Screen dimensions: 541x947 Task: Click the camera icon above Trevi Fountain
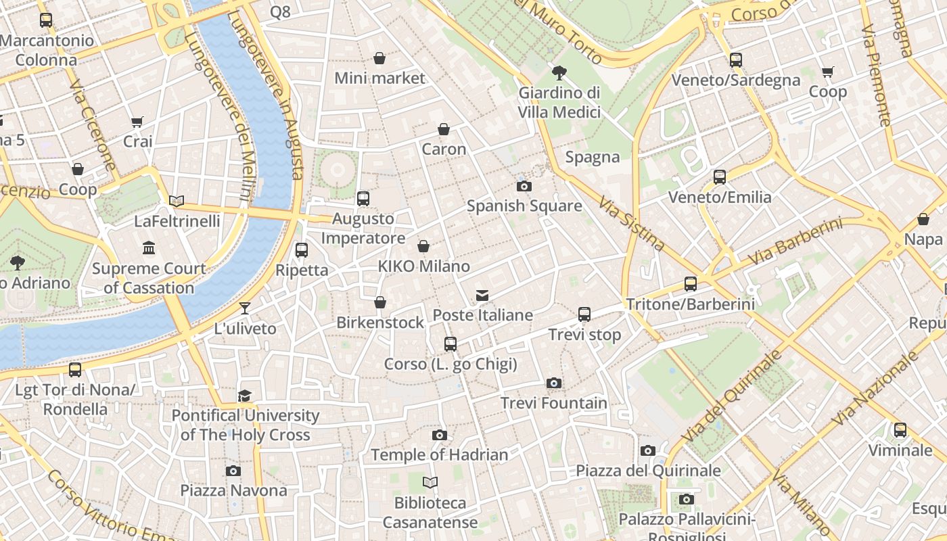point(554,383)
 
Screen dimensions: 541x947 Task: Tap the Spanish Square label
point(524,206)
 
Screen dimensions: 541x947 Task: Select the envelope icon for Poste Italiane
point(482,296)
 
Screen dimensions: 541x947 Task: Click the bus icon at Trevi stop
point(584,314)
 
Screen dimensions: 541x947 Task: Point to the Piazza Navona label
point(233,490)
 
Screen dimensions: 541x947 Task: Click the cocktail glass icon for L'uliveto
point(245,308)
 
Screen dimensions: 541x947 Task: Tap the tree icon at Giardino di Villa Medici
point(559,72)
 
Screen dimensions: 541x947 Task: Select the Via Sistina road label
point(632,223)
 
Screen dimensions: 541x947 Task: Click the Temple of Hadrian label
point(439,455)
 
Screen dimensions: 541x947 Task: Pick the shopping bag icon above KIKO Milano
point(423,246)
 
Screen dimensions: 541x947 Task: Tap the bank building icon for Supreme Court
point(149,248)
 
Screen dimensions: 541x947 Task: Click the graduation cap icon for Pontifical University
point(245,396)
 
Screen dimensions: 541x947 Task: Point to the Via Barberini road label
point(795,241)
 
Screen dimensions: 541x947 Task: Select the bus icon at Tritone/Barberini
point(691,284)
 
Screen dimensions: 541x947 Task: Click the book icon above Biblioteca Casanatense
point(430,483)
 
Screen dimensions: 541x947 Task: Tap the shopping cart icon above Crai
point(137,122)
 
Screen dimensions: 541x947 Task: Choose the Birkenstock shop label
point(380,323)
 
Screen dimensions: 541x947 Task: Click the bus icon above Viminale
point(900,430)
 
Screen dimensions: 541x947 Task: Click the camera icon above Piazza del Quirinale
point(648,450)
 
